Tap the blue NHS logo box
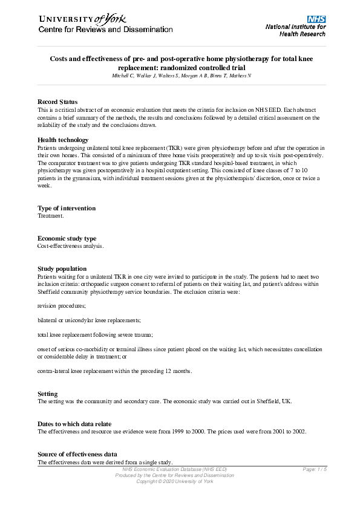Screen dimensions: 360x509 [x=316, y=19]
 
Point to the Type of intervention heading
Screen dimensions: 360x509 [x=67, y=209]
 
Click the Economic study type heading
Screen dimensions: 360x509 [x=67, y=239]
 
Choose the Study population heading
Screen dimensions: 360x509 [x=62, y=268]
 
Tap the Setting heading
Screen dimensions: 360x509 [x=48, y=394]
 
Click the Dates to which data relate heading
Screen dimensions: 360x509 [x=74, y=424]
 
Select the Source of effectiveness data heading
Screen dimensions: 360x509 [x=77, y=454]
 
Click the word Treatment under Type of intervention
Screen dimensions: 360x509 [x=50, y=215]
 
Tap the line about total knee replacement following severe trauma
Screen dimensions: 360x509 [x=95, y=334]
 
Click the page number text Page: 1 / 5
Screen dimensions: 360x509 [x=315, y=470]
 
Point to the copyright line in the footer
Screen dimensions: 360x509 [x=175, y=481]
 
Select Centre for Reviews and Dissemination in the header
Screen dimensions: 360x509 [x=105, y=30]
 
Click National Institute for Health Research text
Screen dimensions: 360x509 [x=295, y=31]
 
